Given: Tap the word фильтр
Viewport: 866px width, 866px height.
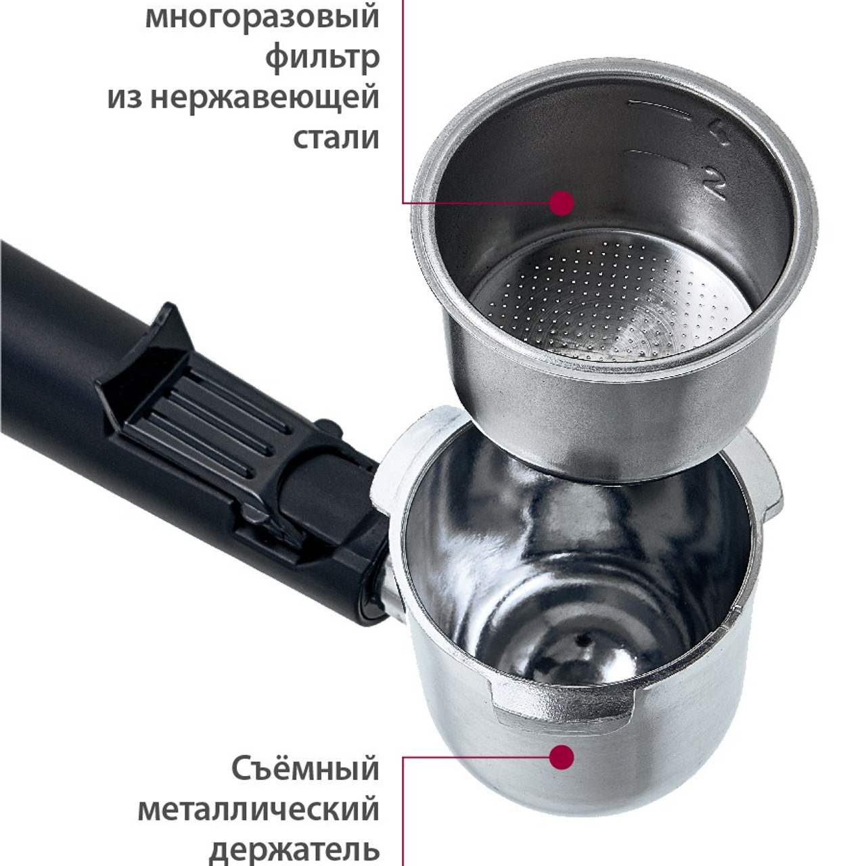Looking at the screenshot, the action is [x=323, y=57].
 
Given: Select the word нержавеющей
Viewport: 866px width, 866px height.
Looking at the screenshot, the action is [x=265, y=99].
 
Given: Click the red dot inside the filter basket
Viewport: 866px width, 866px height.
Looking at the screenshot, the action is [x=562, y=203].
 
